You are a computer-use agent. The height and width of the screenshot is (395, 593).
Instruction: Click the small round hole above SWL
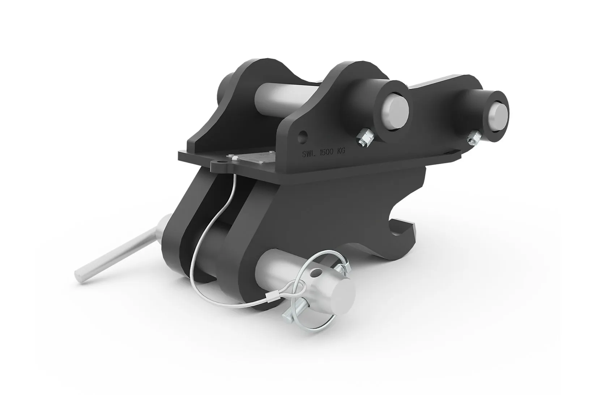[x=303, y=136]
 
